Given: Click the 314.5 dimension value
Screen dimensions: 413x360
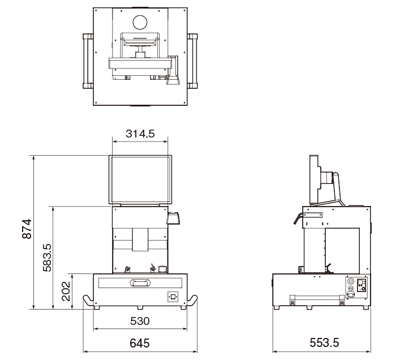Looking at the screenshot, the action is pos(140,134).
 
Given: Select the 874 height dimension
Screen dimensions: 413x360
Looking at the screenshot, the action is pos(27,229).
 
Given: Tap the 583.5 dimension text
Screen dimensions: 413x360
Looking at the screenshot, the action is pos(48,258).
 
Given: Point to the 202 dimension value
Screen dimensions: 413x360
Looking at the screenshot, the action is pos(66,291).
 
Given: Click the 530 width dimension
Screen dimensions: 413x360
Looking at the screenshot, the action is pos(140,321).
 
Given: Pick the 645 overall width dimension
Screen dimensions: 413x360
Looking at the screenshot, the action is pos(140,343).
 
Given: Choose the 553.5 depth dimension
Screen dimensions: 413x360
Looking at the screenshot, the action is pos(324,342).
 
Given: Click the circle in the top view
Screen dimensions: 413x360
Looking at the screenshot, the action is pos(140,23).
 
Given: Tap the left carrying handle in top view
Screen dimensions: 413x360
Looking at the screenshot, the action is pos(88,61).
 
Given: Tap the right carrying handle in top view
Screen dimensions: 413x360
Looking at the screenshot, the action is pos(192,61).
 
